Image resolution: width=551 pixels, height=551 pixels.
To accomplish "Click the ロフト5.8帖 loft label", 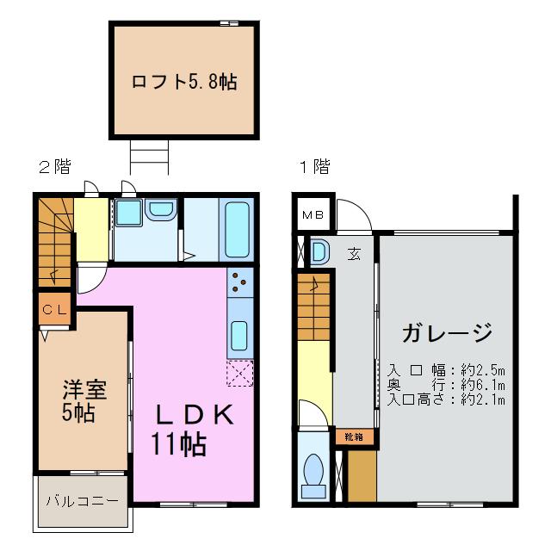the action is (x=184, y=82).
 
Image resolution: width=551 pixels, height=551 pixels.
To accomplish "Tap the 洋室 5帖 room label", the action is (x=84, y=400).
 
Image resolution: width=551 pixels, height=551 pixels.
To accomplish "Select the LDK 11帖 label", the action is (x=193, y=430).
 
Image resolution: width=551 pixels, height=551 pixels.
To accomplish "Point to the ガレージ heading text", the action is (x=447, y=332).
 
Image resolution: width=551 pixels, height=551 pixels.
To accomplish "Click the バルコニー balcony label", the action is (x=83, y=501).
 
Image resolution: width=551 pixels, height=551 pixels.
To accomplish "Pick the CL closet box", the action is (x=54, y=309).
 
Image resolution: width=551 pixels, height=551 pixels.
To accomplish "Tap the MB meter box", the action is (x=313, y=214).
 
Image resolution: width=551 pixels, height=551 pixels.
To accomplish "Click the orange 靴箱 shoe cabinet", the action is (x=354, y=436).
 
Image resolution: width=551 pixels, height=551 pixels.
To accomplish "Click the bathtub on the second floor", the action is (x=238, y=230).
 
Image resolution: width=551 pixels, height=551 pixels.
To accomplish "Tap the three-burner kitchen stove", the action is (x=240, y=282).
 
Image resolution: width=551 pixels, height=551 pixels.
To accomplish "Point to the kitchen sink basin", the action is (x=239, y=336).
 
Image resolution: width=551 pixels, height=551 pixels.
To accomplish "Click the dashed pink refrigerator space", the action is (x=240, y=373).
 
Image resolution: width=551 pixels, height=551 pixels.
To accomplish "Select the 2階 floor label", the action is (x=55, y=166).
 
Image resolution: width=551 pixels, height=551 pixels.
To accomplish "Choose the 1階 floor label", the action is (x=314, y=166).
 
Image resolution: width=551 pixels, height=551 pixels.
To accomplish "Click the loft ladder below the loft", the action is (x=149, y=157).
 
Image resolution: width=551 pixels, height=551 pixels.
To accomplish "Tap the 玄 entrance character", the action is (x=354, y=254).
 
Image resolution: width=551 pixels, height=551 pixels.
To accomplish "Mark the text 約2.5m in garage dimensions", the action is (x=482, y=370).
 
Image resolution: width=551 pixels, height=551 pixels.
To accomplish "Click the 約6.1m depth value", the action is (x=482, y=385).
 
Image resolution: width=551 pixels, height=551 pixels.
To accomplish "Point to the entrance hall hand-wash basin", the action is (x=319, y=251).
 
